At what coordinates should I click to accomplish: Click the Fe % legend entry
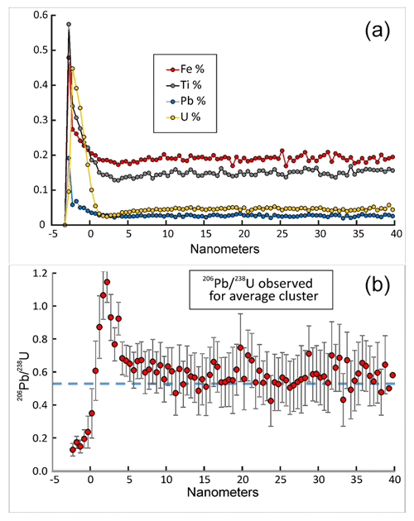pyautogui.click(x=185, y=69)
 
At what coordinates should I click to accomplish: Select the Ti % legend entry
pyautogui.click(x=184, y=85)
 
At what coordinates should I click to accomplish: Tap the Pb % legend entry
pyautogui.click(x=185, y=101)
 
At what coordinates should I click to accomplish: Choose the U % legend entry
pyautogui.click(x=183, y=117)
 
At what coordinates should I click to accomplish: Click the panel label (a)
pyautogui.click(x=377, y=31)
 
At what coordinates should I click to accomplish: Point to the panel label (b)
pyautogui.click(x=377, y=286)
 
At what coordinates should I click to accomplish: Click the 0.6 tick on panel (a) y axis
pyautogui.click(x=41, y=15)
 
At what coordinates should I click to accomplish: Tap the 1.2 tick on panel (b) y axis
pyautogui.click(x=41, y=273)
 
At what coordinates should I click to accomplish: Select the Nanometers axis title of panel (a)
pyautogui.click(x=224, y=249)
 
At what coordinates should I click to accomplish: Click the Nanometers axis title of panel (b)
pyautogui.click(x=223, y=492)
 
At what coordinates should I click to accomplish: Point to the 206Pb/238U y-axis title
pyautogui.click(x=23, y=372)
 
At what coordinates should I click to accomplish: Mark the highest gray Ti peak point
pyautogui.click(x=69, y=24)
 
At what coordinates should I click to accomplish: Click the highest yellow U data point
pyautogui.click(x=73, y=69)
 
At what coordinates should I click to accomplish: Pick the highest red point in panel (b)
pyautogui.click(x=107, y=282)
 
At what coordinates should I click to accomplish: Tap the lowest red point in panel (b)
pyautogui.click(x=73, y=450)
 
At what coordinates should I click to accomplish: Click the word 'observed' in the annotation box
pyautogui.click(x=286, y=284)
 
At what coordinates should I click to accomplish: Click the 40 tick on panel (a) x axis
pyautogui.click(x=395, y=234)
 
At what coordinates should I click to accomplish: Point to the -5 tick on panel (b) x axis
pyautogui.click(x=53, y=480)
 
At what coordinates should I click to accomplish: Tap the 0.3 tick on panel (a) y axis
pyautogui.click(x=41, y=120)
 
